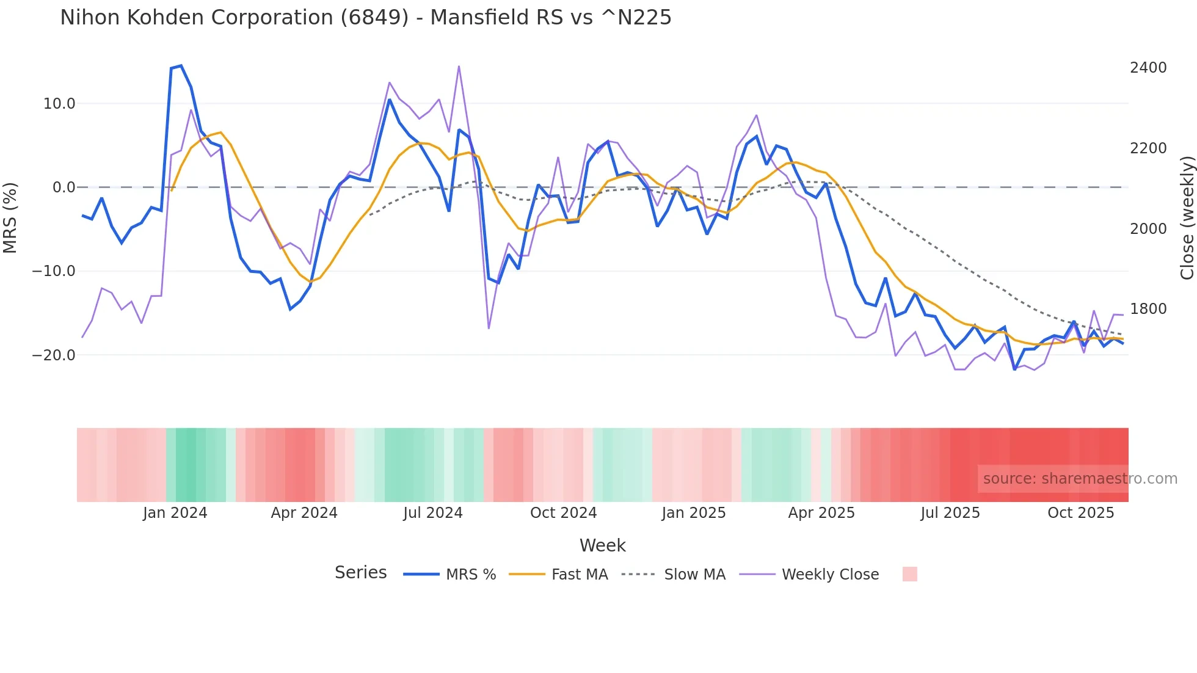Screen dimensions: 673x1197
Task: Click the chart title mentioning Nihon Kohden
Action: tap(365, 18)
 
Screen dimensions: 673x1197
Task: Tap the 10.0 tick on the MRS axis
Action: tap(59, 104)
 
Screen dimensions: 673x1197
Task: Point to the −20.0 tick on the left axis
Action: tap(54, 355)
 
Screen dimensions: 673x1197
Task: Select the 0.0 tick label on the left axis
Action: tap(64, 187)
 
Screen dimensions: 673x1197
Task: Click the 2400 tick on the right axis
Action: tap(1148, 68)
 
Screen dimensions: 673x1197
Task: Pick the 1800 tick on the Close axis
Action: tap(1148, 309)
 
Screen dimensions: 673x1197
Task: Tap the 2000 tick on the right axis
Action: tap(1148, 229)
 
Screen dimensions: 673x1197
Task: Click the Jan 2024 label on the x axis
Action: tap(175, 513)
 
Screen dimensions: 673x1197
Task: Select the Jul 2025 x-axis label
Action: tap(950, 513)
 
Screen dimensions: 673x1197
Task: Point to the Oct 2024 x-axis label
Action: tap(563, 513)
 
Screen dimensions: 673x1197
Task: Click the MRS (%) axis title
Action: tap(10, 217)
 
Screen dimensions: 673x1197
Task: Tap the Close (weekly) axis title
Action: tap(1187, 217)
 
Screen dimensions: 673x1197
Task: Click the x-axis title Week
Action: tap(602, 545)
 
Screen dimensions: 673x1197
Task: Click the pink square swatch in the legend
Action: tap(909, 574)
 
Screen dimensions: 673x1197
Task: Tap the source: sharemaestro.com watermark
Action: tap(1080, 479)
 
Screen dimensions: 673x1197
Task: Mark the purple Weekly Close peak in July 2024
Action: tap(459, 67)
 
